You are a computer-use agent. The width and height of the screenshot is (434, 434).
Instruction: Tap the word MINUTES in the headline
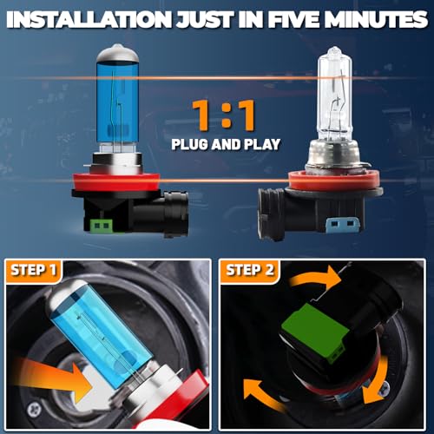pos(376,20)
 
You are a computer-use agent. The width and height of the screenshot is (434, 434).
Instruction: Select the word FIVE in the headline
pos(293,20)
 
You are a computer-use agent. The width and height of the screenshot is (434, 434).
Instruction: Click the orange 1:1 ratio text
pos(224,115)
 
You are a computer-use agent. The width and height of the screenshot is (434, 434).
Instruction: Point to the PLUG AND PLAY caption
pos(226,144)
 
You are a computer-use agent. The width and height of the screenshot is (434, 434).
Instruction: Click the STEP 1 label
pos(33,270)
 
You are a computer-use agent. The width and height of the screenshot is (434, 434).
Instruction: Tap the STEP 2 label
pos(250,270)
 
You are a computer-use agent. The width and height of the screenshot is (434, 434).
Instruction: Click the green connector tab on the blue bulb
pos(102,226)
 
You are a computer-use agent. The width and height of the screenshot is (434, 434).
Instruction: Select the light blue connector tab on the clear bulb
pos(343,224)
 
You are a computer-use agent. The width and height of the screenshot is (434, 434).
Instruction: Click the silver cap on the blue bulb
pos(117,53)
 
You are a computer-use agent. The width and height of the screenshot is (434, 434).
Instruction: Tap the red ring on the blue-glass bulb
pos(116,182)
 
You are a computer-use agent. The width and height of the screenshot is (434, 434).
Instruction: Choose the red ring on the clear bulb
pos(334,181)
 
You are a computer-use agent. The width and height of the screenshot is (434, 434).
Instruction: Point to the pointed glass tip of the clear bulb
pos(334,50)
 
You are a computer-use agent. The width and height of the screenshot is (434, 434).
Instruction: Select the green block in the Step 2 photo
pos(314,332)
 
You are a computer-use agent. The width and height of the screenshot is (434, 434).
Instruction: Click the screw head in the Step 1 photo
pos(35,410)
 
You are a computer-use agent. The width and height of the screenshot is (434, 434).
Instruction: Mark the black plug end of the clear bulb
pos(271,214)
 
